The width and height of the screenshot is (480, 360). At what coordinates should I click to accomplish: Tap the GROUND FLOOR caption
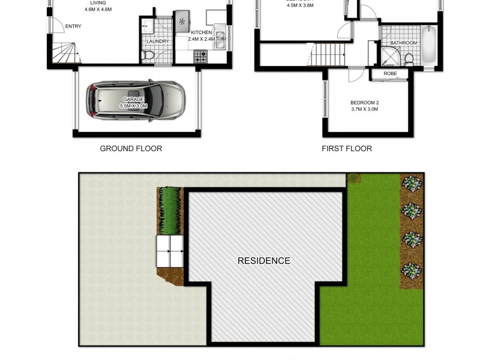pyautogui.click(x=131, y=149)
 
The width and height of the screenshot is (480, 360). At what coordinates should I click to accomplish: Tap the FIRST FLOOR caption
pyautogui.click(x=347, y=149)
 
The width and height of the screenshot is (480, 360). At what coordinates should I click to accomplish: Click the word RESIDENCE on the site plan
pyautogui.click(x=264, y=261)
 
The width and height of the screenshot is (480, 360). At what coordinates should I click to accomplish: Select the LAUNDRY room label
pyautogui.click(x=158, y=41)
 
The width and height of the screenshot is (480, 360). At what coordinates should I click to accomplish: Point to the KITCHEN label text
pyautogui.click(x=201, y=32)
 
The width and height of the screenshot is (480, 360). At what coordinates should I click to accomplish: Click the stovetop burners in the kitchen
pyautogui.click(x=200, y=57)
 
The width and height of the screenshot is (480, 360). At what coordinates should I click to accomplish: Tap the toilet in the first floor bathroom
pyautogui.click(x=409, y=58)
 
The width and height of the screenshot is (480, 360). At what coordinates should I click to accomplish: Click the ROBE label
pyautogui.click(x=390, y=74)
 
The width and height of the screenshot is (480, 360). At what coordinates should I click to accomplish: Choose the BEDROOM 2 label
pyautogui.click(x=365, y=103)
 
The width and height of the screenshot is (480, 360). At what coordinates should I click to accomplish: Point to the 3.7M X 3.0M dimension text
pyautogui.click(x=365, y=109)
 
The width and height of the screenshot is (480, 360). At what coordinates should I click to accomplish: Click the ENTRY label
pyautogui.click(x=73, y=26)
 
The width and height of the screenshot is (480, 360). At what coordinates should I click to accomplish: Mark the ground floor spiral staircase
pyautogui.click(x=64, y=54)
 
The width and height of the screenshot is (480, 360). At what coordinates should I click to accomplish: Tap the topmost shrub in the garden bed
pyautogui.click(x=412, y=182)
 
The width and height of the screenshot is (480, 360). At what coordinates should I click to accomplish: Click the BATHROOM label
pyautogui.click(x=403, y=43)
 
